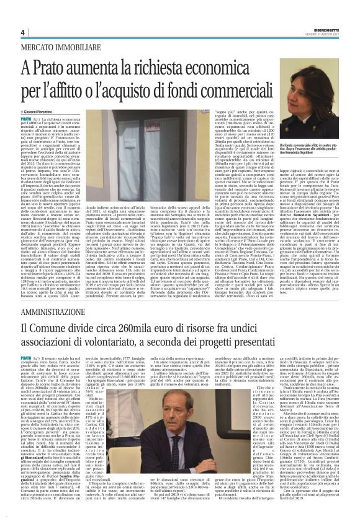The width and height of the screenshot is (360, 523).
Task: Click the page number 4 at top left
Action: coord(22,32)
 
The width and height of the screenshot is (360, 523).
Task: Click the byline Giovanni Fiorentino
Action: coord(41,110)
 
